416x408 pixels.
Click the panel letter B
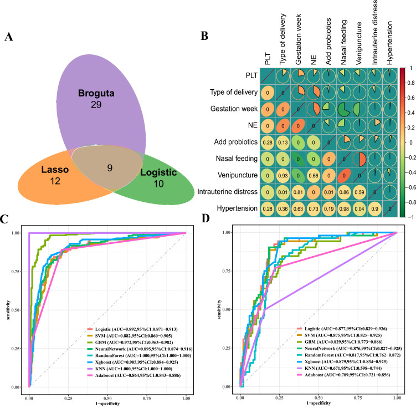tap(204, 38)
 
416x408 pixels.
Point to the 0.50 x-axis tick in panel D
tap(318, 397)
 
